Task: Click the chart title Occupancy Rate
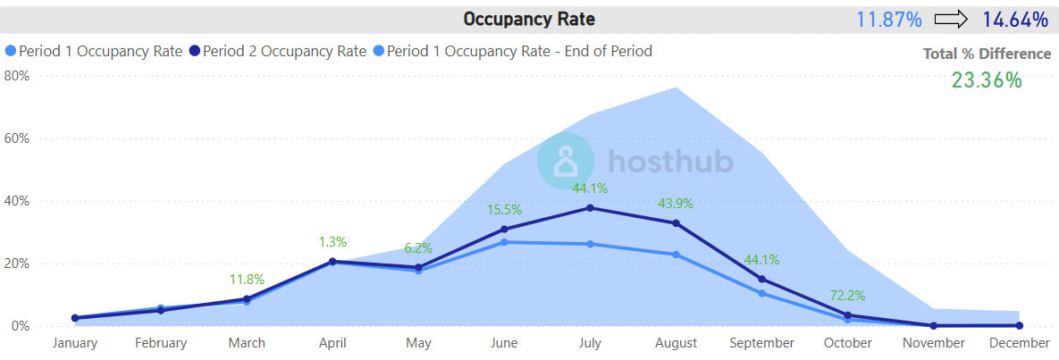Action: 529,19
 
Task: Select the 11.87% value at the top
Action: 889,20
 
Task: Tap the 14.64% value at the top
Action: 1015,20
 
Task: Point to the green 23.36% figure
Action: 987,80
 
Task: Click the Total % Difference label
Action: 988,54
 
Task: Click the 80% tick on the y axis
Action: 17,76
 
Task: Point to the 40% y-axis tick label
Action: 17,201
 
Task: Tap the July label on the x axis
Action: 590,343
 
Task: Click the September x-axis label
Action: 761,343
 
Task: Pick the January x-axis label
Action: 75,343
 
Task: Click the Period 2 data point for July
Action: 590,208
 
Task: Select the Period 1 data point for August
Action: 676,255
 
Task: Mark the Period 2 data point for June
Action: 504,230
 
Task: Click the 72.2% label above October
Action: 847,295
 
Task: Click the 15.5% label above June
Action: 504,209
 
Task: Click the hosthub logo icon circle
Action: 566,162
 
